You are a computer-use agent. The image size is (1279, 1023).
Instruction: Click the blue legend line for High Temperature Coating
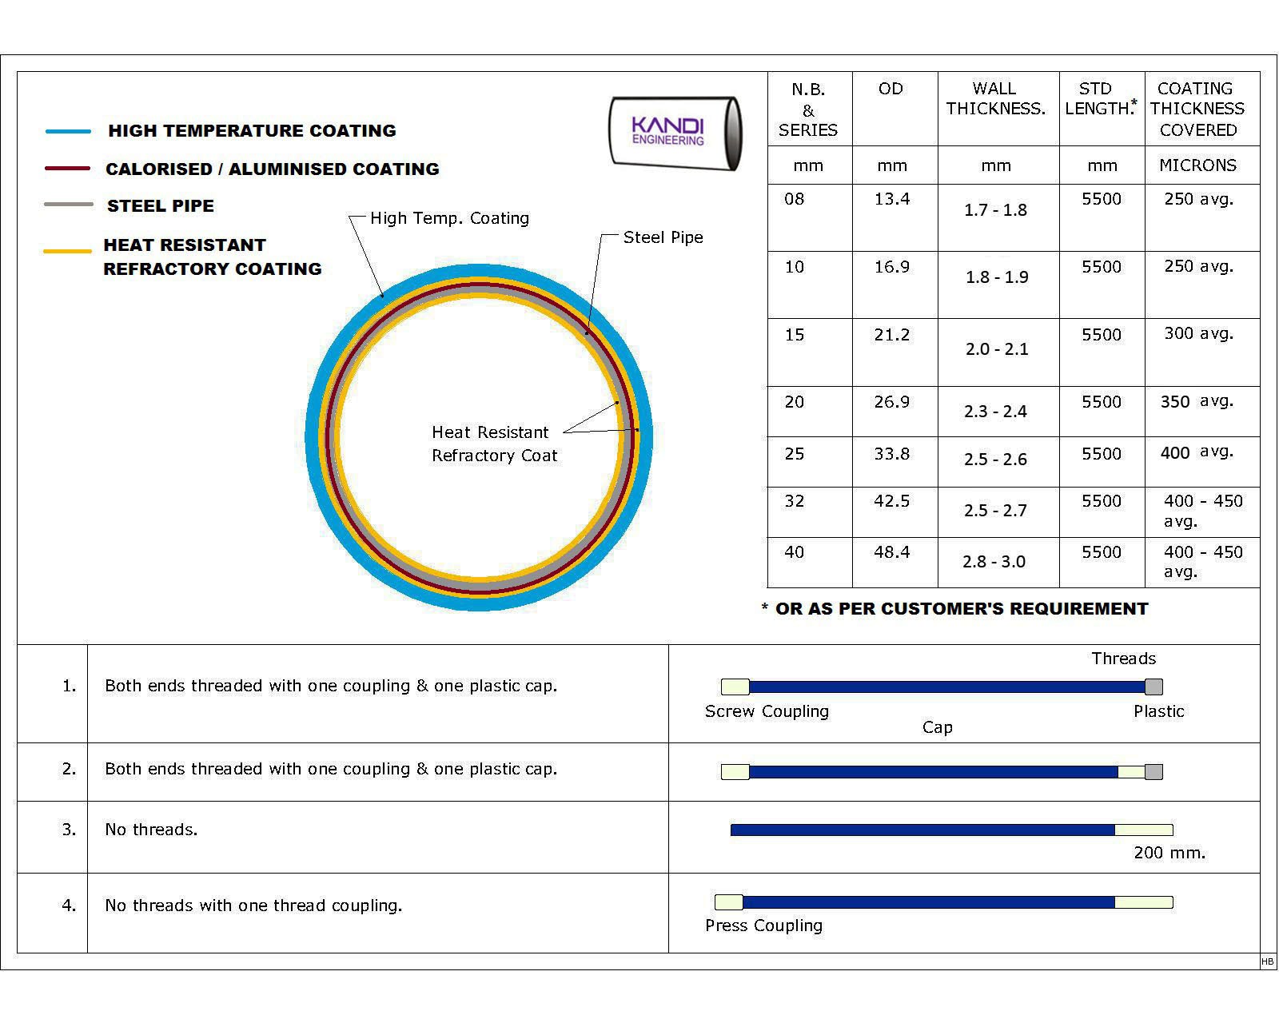(69, 131)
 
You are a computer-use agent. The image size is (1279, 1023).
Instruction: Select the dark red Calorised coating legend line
(67, 169)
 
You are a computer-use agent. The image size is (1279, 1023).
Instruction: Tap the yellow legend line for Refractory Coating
(67, 251)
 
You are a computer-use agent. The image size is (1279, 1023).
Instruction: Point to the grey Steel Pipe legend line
(69, 205)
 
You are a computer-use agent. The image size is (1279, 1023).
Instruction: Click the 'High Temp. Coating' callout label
(449, 218)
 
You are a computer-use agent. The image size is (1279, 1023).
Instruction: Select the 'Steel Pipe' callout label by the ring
(663, 237)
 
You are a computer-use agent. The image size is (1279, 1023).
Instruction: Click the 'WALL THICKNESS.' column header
(995, 99)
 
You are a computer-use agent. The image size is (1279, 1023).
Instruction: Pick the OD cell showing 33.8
(891, 454)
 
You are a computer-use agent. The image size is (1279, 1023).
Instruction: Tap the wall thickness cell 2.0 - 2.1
(996, 349)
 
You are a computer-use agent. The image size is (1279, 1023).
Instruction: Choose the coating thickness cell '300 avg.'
(1198, 333)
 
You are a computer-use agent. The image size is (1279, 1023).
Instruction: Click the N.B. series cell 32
(794, 501)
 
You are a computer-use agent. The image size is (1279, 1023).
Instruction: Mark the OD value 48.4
(891, 552)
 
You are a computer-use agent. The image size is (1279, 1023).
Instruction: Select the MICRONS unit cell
(1197, 165)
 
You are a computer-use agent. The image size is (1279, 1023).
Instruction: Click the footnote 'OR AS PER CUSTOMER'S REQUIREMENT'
(961, 609)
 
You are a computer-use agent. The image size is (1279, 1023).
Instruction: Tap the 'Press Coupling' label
(763, 925)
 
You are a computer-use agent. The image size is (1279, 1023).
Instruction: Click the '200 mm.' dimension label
(1169, 853)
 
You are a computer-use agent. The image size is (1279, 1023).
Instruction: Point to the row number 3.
(70, 830)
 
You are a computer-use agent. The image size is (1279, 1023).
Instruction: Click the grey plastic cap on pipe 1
(1153, 687)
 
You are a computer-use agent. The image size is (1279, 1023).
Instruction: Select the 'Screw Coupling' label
(767, 711)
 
